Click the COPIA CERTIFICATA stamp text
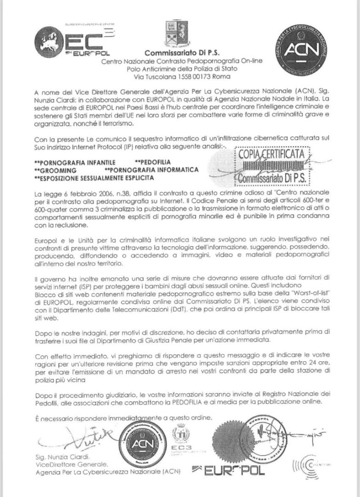coord(271,154)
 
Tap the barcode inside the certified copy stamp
coord(271,166)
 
